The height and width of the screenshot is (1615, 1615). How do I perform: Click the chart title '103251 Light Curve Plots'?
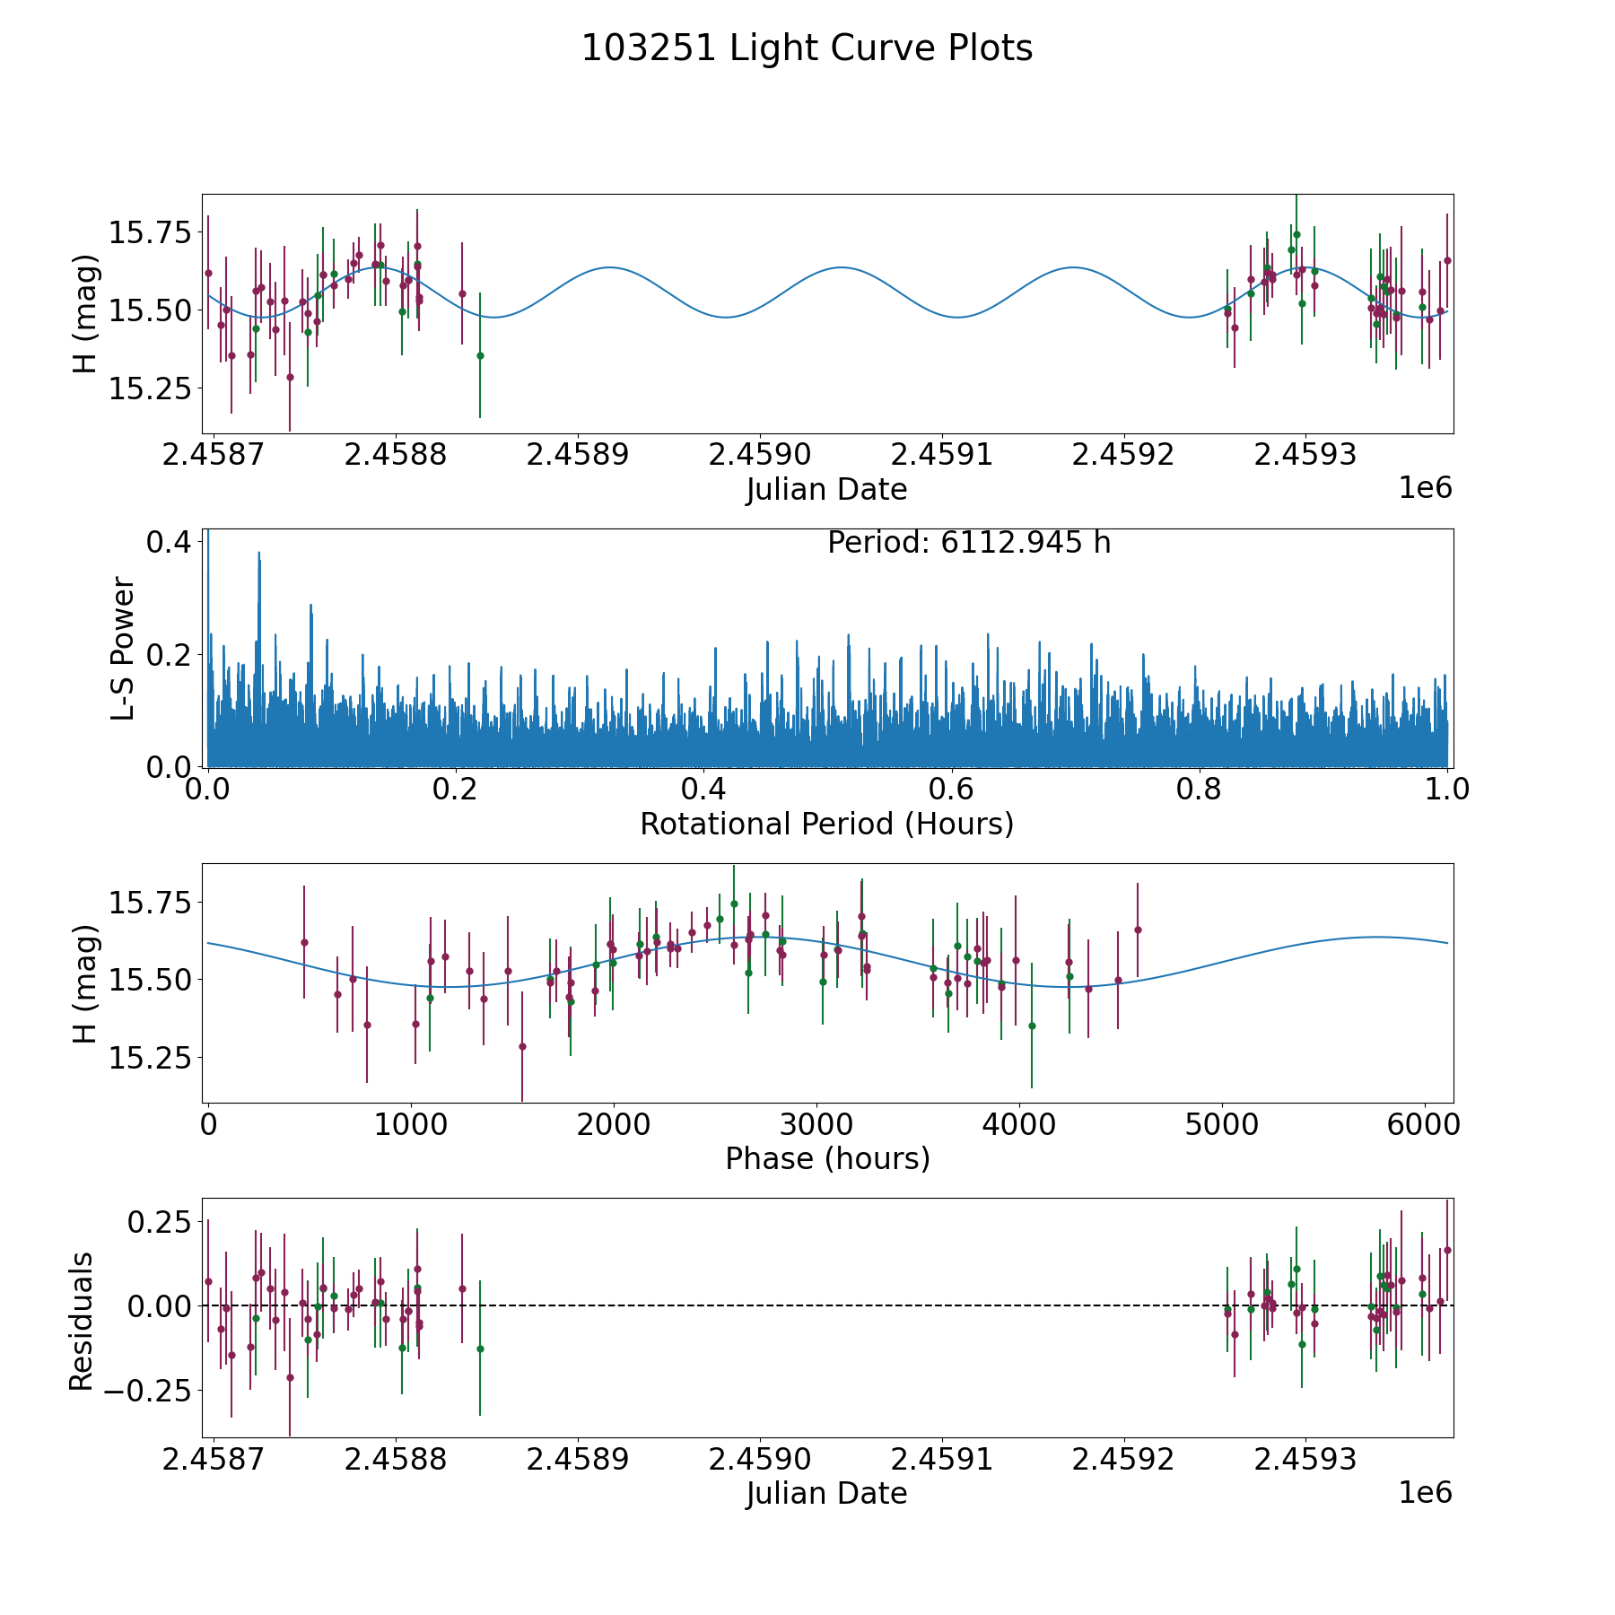[x=807, y=48]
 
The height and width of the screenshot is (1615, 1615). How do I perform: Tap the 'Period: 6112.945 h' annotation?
[x=969, y=543]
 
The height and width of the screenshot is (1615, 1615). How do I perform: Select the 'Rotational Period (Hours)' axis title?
[x=826, y=824]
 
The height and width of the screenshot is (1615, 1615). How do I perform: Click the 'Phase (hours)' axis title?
[x=827, y=1158]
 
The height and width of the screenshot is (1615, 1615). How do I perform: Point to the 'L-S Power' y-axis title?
[x=124, y=648]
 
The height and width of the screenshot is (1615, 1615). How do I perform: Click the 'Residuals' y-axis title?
[x=82, y=1322]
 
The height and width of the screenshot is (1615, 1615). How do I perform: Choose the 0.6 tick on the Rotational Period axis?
[x=951, y=789]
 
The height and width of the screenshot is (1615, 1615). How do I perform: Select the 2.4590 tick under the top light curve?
[x=760, y=454]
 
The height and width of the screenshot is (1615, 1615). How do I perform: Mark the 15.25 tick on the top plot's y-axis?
[x=150, y=388]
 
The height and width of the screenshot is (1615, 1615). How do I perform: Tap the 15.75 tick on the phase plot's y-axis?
[x=150, y=902]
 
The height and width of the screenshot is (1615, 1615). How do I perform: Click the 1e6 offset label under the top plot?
[x=1425, y=488]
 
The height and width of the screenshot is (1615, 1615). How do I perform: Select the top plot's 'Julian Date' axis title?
[x=826, y=490]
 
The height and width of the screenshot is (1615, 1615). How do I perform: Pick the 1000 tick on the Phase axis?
[x=410, y=1124]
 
